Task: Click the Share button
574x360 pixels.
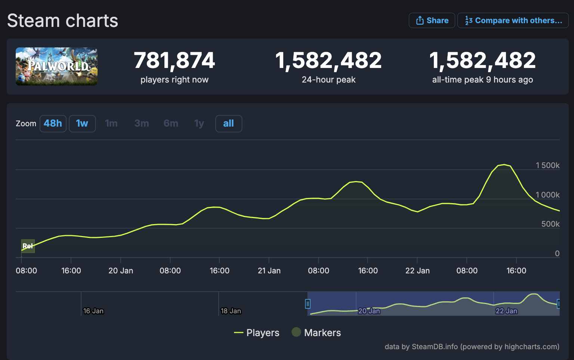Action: tap(432, 21)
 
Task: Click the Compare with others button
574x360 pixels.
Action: tap(513, 21)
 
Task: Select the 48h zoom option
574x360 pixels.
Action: tap(53, 124)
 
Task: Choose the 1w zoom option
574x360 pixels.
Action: tap(82, 124)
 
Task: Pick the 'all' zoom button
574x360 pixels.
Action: tap(228, 124)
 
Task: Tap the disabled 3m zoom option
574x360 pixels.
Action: tap(142, 124)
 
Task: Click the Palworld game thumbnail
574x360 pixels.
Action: tap(56, 66)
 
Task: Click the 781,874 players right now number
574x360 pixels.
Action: tap(174, 60)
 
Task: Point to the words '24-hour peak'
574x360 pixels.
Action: tap(328, 80)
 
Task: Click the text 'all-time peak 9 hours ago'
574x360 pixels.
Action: tap(482, 80)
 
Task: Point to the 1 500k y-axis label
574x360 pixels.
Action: tap(547, 165)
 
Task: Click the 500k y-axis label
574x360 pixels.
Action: tap(550, 224)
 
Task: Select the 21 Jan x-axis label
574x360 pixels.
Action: tap(269, 271)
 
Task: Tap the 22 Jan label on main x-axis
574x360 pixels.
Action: tap(417, 271)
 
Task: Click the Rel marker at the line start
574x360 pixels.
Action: tap(28, 246)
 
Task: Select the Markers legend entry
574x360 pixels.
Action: tap(317, 333)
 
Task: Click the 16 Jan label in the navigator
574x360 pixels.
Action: tap(93, 311)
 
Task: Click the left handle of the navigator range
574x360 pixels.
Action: tap(308, 304)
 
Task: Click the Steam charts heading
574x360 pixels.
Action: tap(62, 21)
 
